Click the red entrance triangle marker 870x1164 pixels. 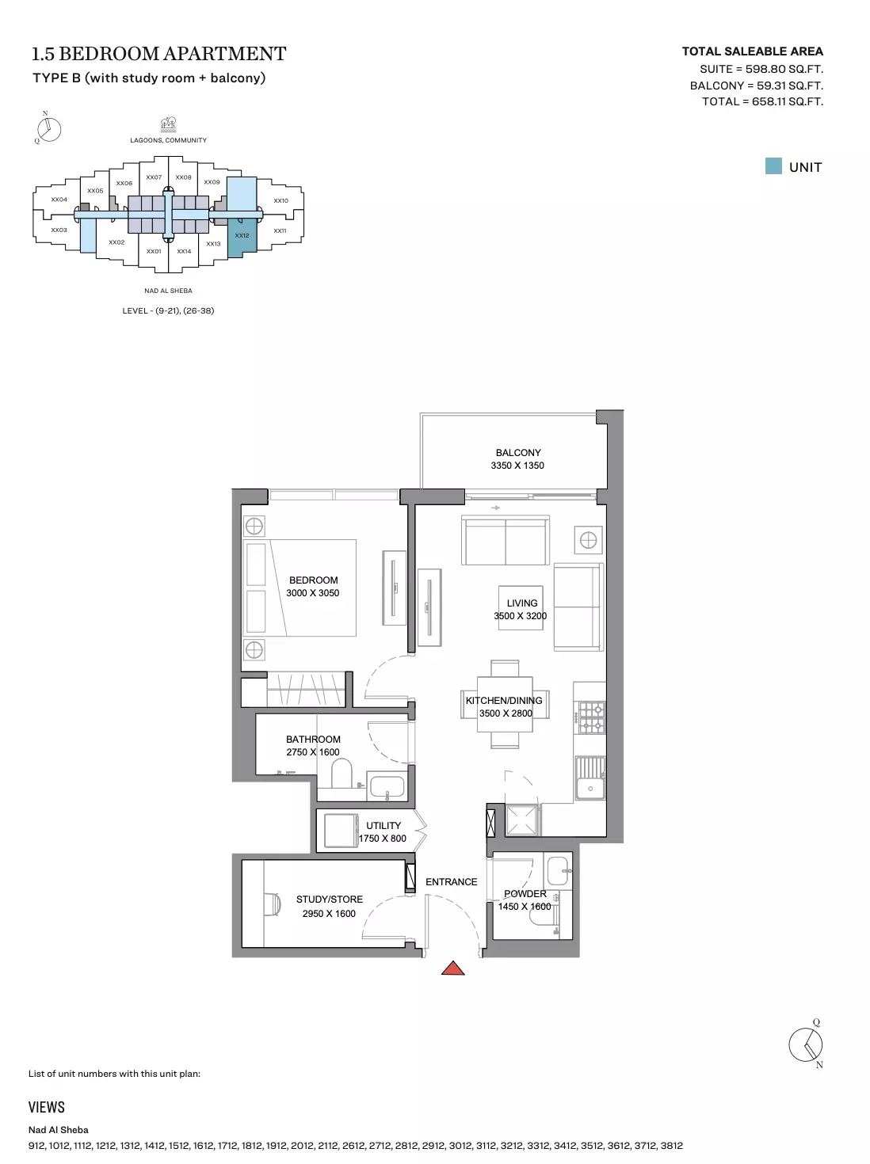pyautogui.click(x=452, y=968)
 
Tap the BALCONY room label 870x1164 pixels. pyautogui.click(x=517, y=452)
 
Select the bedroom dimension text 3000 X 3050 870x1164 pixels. pyautogui.click(x=312, y=593)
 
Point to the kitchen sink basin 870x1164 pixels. pyautogui.click(x=590, y=788)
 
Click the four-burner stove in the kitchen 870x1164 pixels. pyautogui.click(x=591, y=717)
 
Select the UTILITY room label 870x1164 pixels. pyautogui.click(x=383, y=826)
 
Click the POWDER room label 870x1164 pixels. pyautogui.click(x=525, y=893)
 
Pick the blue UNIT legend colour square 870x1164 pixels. pyautogui.click(x=773, y=166)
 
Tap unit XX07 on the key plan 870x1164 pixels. pyautogui.click(x=154, y=177)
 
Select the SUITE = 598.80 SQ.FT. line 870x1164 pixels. pyautogui.click(x=761, y=69)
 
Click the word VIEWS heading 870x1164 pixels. pyautogui.click(x=47, y=1107)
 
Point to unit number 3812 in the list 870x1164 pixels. pyautogui.click(x=672, y=1145)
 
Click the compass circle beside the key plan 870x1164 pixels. pyautogui.click(x=49, y=130)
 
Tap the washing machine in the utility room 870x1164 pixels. pyautogui.click(x=340, y=831)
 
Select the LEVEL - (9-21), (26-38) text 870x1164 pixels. pyautogui.click(x=168, y=310)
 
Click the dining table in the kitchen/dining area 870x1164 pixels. pyautogui.click(x=505, y=704)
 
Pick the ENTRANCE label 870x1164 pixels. pyautogui.click(x=451, y=882)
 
